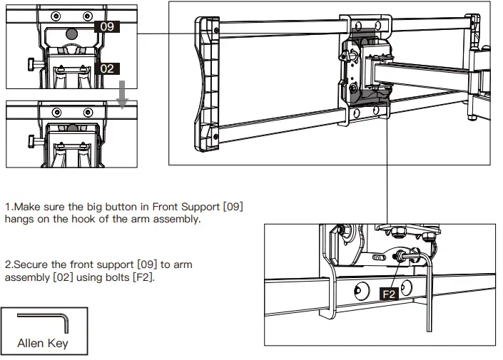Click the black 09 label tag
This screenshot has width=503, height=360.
(106, 26)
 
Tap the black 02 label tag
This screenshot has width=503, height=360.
(106, 68)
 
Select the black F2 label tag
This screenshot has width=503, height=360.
(389, 293)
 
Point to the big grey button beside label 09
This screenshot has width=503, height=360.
(71, 33)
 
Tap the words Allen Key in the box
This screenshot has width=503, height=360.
(44, 344)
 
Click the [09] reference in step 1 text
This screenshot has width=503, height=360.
(233, 207)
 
